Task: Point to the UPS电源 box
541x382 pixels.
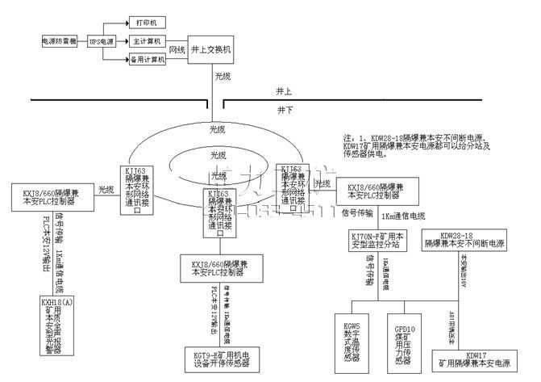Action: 102,39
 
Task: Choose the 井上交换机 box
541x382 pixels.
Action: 212,49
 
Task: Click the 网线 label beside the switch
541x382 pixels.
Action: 177,50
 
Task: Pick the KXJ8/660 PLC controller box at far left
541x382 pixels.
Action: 54,195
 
